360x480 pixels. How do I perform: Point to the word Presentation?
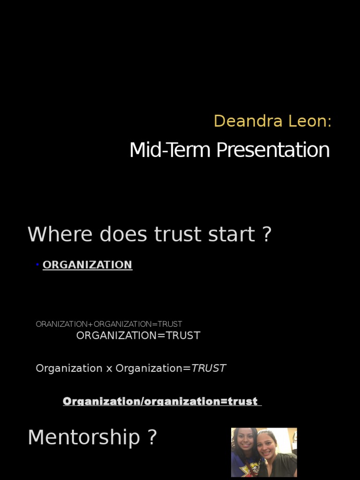click(x=273, y=150)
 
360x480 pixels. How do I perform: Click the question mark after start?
click(x=267, y=234)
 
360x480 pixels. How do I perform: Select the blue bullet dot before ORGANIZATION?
click(x=37, y=265)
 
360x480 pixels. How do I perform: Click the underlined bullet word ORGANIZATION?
click(x=87, y=265)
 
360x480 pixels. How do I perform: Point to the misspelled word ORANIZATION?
click(x=61, y=324)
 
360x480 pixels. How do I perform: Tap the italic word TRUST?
click(x=209, y=368)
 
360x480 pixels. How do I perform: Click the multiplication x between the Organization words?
click(x=109, y=368)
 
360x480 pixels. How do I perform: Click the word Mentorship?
click(x=84, y=437)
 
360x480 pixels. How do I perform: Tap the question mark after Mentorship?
click(x=152, y=437)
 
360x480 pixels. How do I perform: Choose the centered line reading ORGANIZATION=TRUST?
click(x=138, y=335)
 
